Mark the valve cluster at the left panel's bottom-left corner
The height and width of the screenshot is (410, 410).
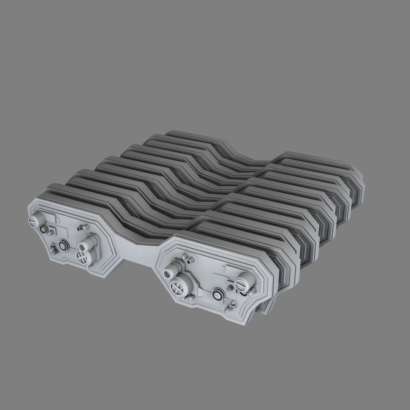click(54, 250)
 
